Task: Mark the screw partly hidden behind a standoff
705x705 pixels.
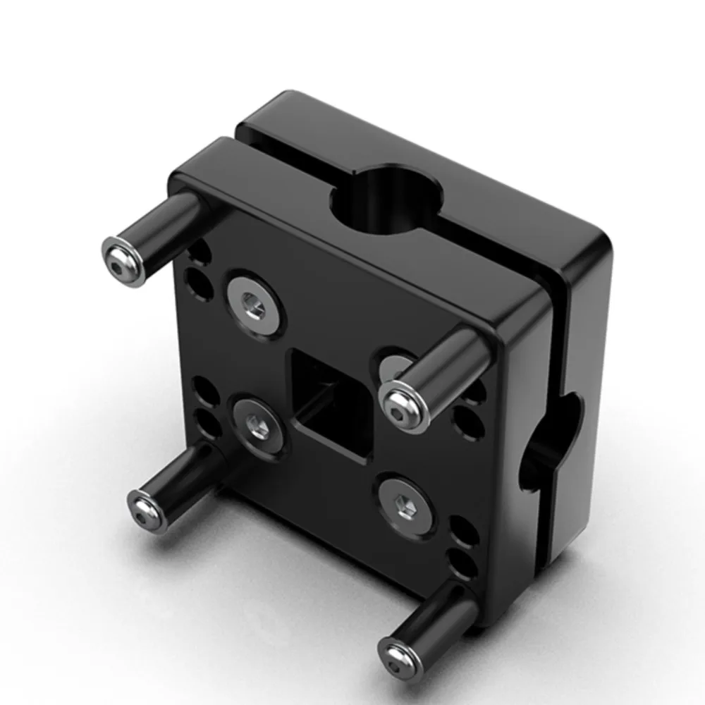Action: click(x=395, y=363)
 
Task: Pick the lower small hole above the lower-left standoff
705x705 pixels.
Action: click(x=206, y=423)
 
